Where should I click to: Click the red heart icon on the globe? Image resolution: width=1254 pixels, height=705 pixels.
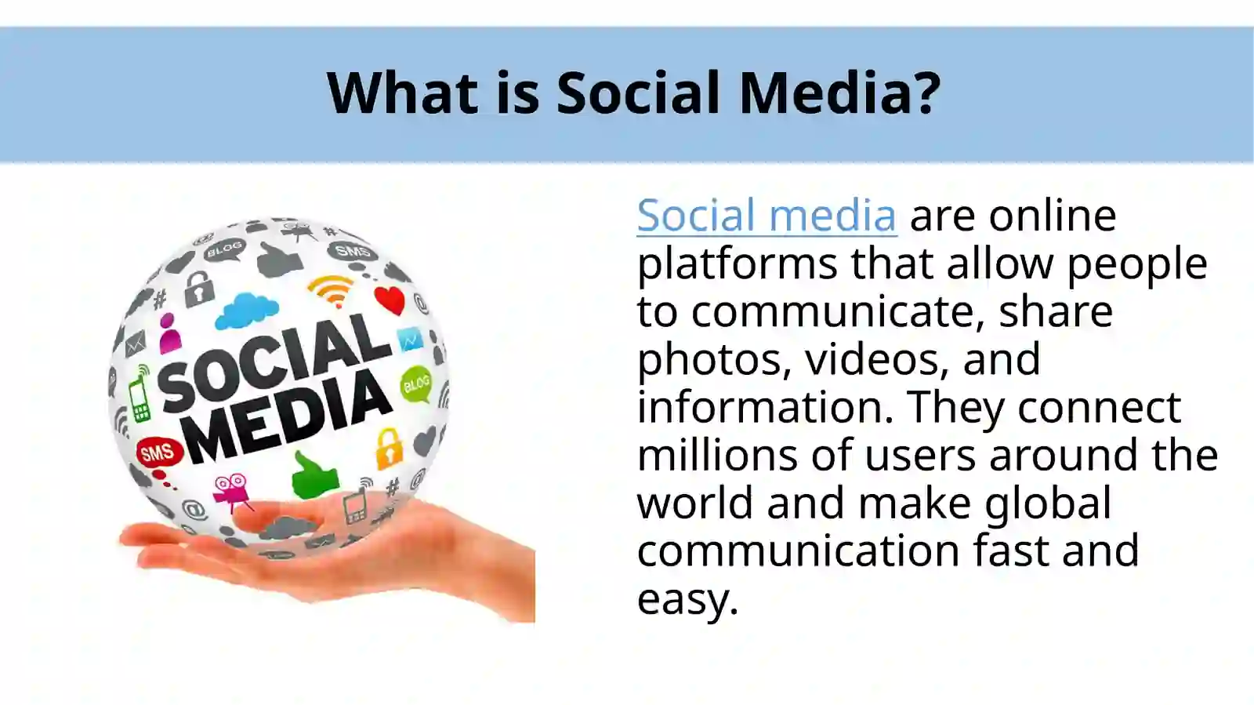click(x=390, y=299)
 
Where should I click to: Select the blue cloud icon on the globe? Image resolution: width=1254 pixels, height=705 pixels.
click(x=247, y=311)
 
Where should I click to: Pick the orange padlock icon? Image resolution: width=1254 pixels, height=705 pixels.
click(x=389, y=448)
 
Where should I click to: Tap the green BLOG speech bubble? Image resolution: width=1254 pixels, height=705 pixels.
click(x=417, y=384)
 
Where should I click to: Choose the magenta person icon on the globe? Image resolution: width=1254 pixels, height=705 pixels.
click(x=169, y=334)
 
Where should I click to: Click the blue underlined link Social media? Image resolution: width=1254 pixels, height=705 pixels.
click(x=766, y=215)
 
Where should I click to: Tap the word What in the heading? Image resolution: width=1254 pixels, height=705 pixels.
click(x=402, y=93)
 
